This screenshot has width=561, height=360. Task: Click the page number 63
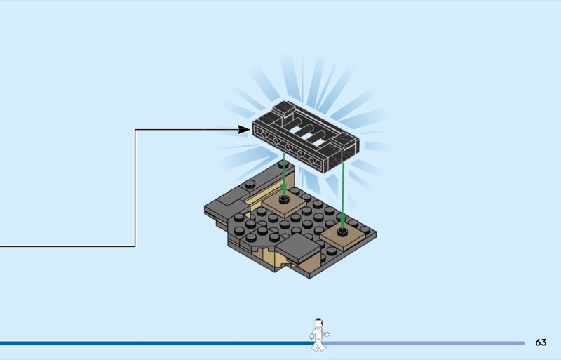[x=541, y=342]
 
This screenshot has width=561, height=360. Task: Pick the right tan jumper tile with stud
[x=342, y=235]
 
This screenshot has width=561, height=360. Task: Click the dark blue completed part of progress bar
[x=140, y=343]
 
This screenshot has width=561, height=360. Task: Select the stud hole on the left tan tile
[x=285, y=199]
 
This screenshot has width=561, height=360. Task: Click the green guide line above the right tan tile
[x=342, y=189]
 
